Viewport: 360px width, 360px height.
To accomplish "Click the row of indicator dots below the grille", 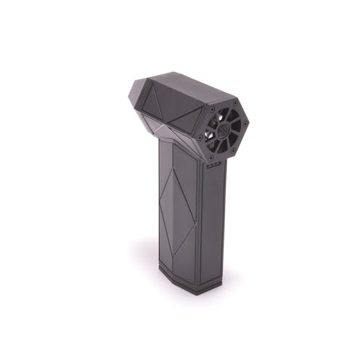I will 213,165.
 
